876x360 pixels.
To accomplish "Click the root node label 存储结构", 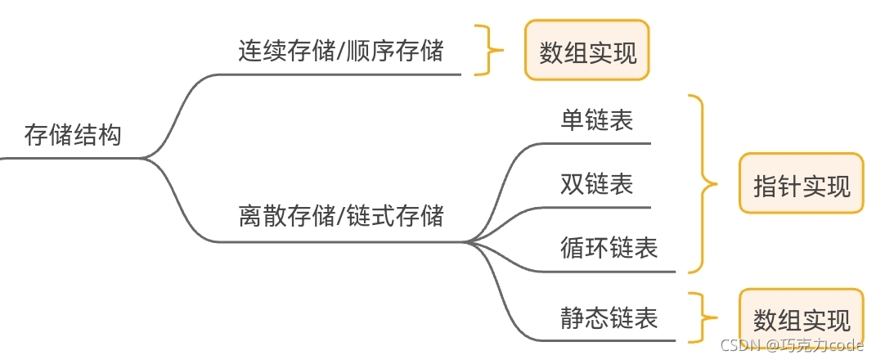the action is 73,134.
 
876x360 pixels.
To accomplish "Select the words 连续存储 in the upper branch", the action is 286,51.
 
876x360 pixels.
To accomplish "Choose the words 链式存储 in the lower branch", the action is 394,216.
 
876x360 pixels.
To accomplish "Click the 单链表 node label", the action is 596,121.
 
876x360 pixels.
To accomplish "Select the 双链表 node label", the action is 596,183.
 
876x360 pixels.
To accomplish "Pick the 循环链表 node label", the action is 609,246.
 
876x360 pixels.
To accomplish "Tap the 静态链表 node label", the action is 609,317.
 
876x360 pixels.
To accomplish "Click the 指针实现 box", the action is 801,185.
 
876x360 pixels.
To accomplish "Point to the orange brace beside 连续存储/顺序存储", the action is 490,51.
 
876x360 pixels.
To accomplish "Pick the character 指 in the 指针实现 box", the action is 765,186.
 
